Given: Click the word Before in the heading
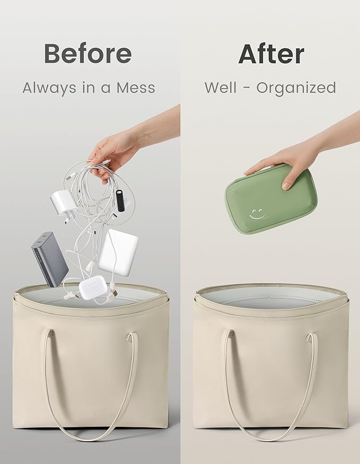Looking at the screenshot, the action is pos(88,53).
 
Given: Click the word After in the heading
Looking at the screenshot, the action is pos(271,54).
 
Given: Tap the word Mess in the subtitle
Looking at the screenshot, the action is pos(136,88).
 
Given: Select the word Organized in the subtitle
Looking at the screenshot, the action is pos(296,89).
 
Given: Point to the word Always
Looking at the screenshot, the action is pos(49,89).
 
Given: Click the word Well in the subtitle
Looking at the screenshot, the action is pos(221,87).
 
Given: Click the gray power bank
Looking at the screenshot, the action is pos(50,259).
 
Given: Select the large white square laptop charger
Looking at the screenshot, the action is pos(118,252).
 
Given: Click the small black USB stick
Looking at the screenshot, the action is pos(120,200).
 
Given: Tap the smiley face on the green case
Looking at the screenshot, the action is pos(256,214).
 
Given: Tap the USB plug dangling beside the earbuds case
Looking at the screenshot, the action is pos(113,292).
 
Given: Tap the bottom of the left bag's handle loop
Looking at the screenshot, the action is pos(90,437).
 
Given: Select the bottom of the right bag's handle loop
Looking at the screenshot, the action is pos(271,437).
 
